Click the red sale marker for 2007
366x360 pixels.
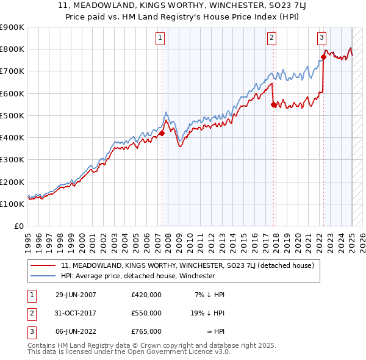click(162, 132)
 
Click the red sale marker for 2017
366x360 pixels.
click(273, 104)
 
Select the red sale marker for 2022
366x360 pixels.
click(323, 57)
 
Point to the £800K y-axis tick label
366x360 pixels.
click(12, 49)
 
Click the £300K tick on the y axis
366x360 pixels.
click(12, 160)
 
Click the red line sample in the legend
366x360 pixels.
click(43, 266)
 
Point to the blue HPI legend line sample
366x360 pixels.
click(43, 276)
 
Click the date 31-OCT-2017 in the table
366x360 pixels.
click(76, 312)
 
